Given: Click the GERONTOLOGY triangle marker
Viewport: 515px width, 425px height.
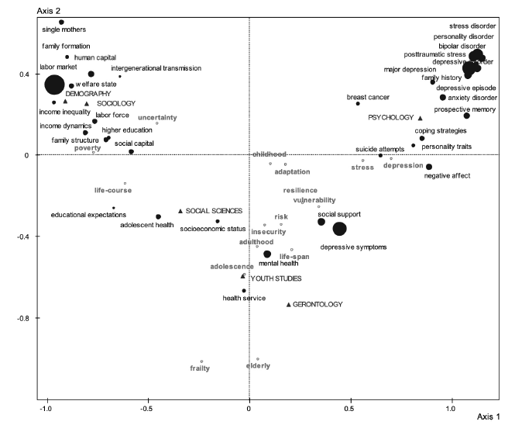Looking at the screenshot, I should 289,305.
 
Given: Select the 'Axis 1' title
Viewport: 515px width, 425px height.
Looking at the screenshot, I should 488,416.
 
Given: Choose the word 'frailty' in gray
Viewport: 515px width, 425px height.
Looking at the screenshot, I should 200,369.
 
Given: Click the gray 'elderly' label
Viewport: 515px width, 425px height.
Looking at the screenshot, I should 258,366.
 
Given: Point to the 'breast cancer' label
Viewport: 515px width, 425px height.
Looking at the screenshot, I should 368,98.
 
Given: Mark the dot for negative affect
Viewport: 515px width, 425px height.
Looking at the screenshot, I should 429,167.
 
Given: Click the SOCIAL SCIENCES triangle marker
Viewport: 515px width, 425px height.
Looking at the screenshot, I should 180,211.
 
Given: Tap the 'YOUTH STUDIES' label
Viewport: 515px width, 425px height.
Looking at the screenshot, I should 276,278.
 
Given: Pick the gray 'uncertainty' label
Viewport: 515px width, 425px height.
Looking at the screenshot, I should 157,117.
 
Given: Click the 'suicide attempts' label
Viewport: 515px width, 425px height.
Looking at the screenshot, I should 380,148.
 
